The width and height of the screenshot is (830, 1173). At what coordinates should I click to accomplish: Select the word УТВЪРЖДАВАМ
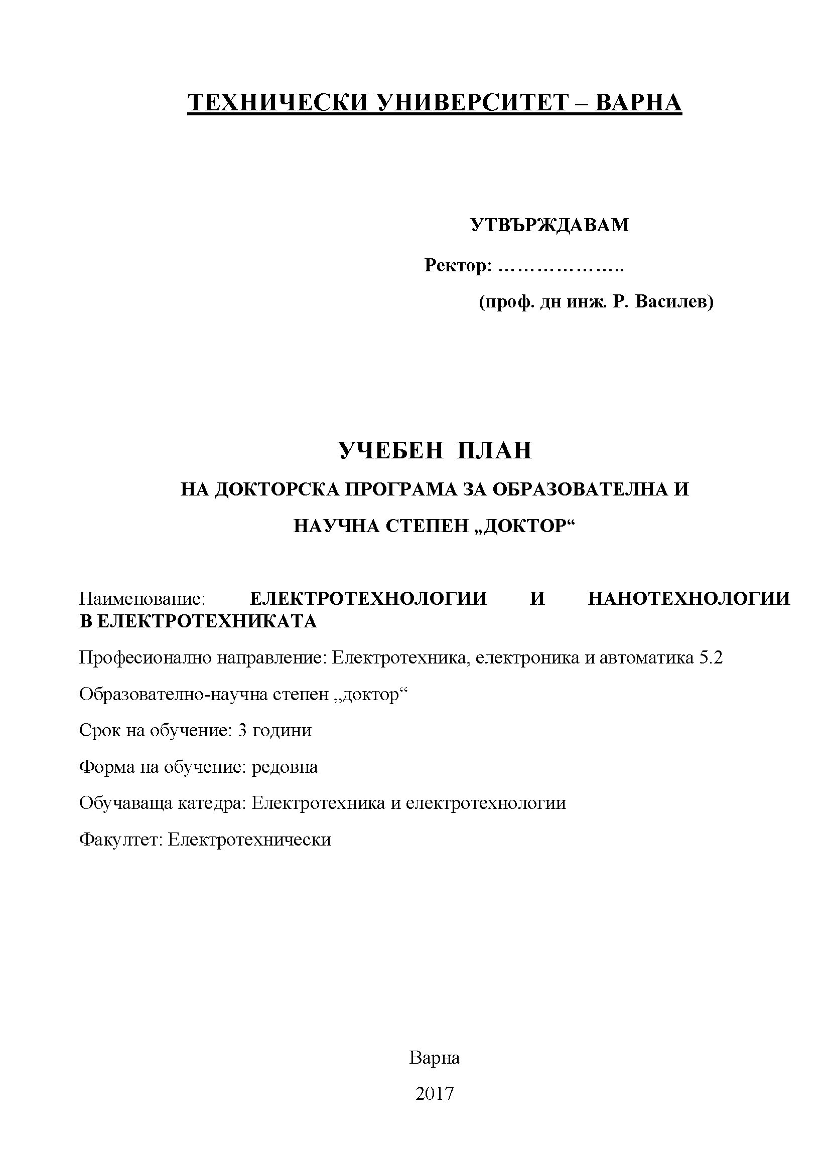[550, 225]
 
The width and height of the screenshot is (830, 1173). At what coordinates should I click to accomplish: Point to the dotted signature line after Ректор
[560, 267]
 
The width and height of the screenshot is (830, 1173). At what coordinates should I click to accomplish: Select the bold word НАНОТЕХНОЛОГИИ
[689, 598]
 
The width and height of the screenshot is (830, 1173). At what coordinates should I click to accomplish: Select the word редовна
[285, 767]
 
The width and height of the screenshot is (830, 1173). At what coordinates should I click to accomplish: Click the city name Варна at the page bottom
[435, 1058]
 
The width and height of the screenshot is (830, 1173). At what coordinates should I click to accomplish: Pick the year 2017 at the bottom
[435, 1094]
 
